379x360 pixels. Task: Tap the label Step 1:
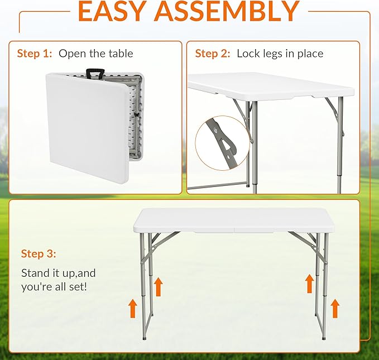(x=35, y=54)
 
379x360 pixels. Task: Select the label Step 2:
(x=213, y=54)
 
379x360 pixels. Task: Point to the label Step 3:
(x=39, y=254)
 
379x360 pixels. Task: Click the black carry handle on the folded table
(x=95, y=74)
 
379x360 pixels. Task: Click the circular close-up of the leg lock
(x=222, y=143)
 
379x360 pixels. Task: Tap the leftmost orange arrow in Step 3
(x=132, y=308)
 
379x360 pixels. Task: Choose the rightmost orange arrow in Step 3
(x=335, y=308)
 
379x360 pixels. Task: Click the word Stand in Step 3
(x=35, y=273)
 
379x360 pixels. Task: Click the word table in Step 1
(x=121, y=54)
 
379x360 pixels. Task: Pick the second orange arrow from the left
(x=159, y=287)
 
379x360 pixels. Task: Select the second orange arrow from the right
(x=310, y=284)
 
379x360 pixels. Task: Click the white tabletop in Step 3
(x=234, y=220)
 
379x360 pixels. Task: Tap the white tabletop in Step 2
(x=271, y=85)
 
